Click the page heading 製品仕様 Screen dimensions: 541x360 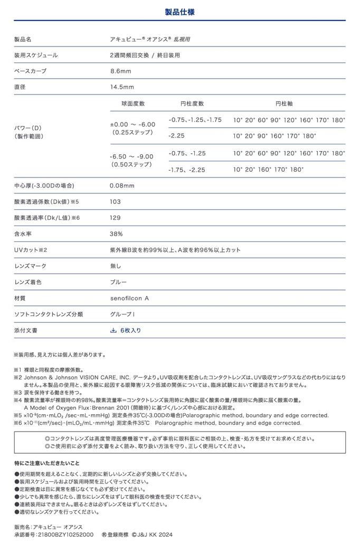[x=180, y=11]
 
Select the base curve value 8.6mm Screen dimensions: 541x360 [x=120, y=71]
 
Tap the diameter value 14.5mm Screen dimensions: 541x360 [x=122, y=87]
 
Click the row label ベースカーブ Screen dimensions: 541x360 [x=30, y=71]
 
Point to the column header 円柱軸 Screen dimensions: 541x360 [x=285, y=104]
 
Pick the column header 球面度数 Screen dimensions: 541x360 [x=133, y=104]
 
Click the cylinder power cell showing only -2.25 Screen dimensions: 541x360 [x=177, y=136]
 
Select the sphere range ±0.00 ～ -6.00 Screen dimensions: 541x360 [x=132, y=124]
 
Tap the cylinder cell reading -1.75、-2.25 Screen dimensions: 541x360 [x=187, y=170]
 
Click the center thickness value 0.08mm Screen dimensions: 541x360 [x=122, y=185]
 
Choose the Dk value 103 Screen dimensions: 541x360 [x=115, y=202]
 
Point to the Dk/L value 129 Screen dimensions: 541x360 [x=115, y=218]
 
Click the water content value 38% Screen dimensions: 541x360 [x=116, y=234]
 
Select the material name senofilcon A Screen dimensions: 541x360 [x=129, y=299]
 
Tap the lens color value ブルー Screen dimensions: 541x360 [x=118, y=282]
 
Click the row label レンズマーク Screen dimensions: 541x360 [x=30, y=266]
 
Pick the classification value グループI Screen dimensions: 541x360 [x=122, y=314]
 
